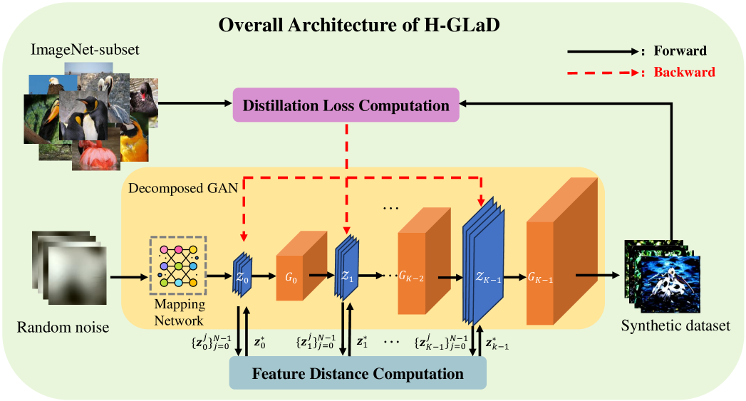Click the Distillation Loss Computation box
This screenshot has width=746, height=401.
346,106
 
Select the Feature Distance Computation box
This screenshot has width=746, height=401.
357,373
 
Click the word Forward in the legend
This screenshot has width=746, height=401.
680,51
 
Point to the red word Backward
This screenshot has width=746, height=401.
684,72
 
